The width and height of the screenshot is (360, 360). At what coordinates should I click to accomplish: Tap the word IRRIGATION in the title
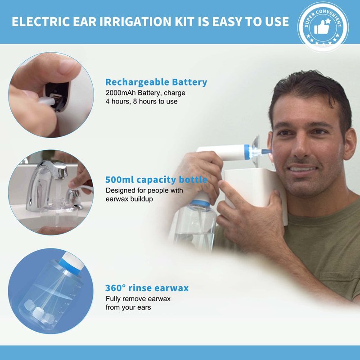(x=135, y=22)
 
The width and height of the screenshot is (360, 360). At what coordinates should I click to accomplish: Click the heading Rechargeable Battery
(x=156, y=82)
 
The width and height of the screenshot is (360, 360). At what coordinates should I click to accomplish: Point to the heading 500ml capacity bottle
(x=156, y=180)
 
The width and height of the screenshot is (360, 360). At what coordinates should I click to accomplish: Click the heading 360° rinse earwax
(x=147, y=288)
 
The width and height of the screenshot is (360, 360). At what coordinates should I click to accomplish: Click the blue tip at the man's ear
(x=266, y=151)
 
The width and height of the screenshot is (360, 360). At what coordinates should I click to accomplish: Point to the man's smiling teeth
(x=302, y=169)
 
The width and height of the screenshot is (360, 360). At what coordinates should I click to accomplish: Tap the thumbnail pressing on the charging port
(x=69, y=66)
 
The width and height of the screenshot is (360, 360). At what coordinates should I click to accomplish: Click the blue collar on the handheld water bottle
(x=200, y=203)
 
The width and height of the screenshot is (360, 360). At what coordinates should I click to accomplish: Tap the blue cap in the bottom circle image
(x=69, y=264)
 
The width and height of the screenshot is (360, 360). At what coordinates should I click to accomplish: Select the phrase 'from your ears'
(x=128, y=307)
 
